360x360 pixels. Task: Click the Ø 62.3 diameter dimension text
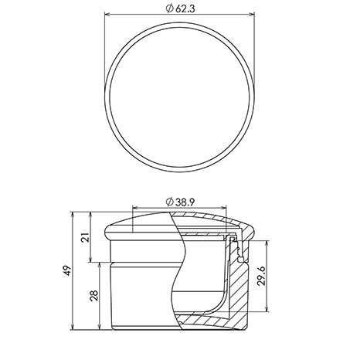tap(180, 8)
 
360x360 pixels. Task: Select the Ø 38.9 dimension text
tap(180, 202)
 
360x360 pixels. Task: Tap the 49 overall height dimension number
tap(67, 270)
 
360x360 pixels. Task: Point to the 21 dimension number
tap(86, 237)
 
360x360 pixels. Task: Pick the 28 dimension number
tap(94, 296)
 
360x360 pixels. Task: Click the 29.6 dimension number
tap(260, 276)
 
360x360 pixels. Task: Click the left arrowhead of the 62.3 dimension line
tap(107, 15)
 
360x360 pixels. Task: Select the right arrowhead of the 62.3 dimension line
tap(252, 15)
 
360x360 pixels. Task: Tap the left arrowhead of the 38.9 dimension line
tap(135, 208)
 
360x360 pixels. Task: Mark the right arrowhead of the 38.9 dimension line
tap(223, 208)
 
